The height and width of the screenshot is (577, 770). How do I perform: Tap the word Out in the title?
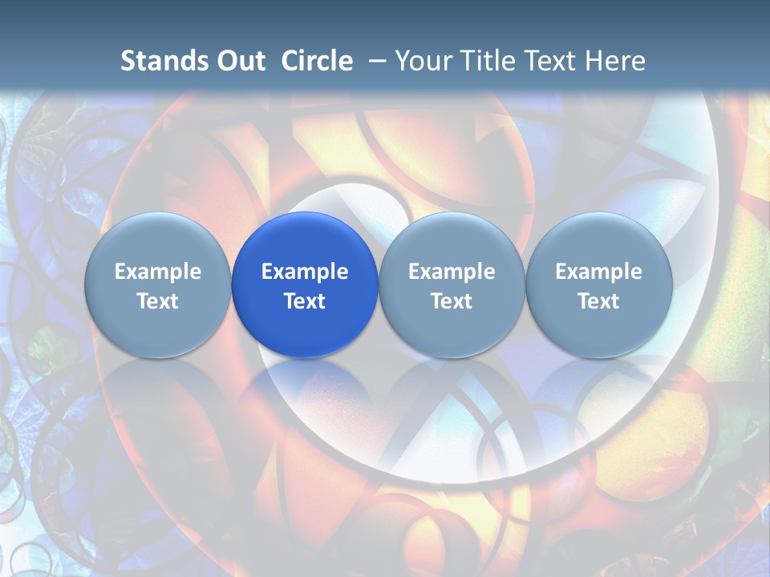click(241, 61)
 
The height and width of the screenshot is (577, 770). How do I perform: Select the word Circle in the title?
click(317, 61)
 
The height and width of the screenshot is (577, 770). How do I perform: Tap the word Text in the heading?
click(551, 61)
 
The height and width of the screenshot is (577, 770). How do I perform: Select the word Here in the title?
click(615, 61)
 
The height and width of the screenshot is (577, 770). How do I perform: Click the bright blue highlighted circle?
click(305, 284)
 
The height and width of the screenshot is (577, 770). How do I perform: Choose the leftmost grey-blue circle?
click(158, 284)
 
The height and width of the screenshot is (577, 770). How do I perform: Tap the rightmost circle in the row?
click(598, 284)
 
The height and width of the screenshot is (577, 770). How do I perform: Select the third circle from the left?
click(452, 284)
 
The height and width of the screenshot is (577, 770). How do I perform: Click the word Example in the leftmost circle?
click(158, 272)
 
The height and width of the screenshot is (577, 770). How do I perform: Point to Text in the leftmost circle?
click(158, 301)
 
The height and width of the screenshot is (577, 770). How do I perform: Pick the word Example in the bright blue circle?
click(305, 272)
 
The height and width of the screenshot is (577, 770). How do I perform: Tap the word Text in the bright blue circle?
click(305, 301)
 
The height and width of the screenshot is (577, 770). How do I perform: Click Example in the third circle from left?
click(452, 272)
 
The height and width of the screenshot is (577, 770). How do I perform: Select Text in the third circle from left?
click(452, 301)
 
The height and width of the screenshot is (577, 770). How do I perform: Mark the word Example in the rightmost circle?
click(598, 272)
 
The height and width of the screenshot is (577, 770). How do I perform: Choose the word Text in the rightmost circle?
click(598, 301)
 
